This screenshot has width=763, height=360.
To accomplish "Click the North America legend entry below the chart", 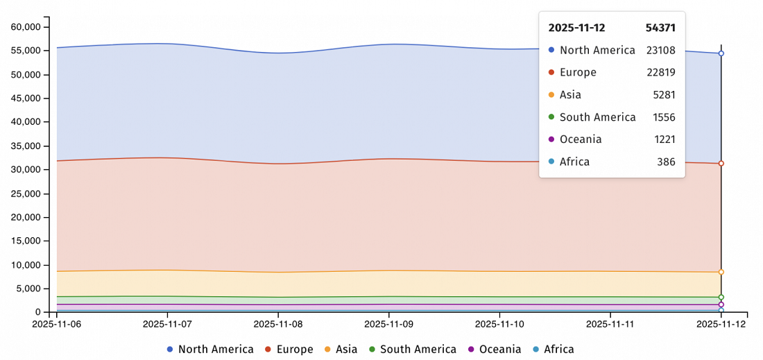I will pyautogui.click(x=210, y=349).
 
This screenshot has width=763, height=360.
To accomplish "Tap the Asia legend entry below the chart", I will pyautogui.click(x=341, y=349).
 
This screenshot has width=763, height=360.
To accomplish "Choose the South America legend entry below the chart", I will pyautogui.click(x=413, y=349).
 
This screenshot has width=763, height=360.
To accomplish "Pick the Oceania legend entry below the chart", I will pyautogui.click(x=495, y=349).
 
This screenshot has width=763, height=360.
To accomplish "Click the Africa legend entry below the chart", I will pyautogui.click(x=554, y=349).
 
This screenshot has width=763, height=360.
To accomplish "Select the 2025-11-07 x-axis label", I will pyautogui.click(x=167, y=324).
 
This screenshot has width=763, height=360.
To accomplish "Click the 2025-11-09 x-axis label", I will pyautogui.click(x=388, y=324).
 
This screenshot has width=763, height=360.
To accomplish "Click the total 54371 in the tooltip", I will pyautogui.click(x=660, y=28).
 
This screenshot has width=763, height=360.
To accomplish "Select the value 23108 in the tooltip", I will pyautogui.click(x=660, y=50).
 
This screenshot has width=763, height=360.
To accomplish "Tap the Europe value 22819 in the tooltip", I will pyautogui.click(x=660, y=72).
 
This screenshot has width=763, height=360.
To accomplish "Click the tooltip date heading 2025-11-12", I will pyautogui.click(x=576, y=28).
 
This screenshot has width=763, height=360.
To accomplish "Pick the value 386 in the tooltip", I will pyautogui.click(x=666, y=162).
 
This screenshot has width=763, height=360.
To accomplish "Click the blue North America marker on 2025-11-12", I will pyautogui.click(x=721, y=53).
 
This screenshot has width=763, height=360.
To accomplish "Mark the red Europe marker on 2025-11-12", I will pyautogui.click(x=721, y=164).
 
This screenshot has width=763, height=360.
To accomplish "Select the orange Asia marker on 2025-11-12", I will pyautogui.click(x=721, y=272).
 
